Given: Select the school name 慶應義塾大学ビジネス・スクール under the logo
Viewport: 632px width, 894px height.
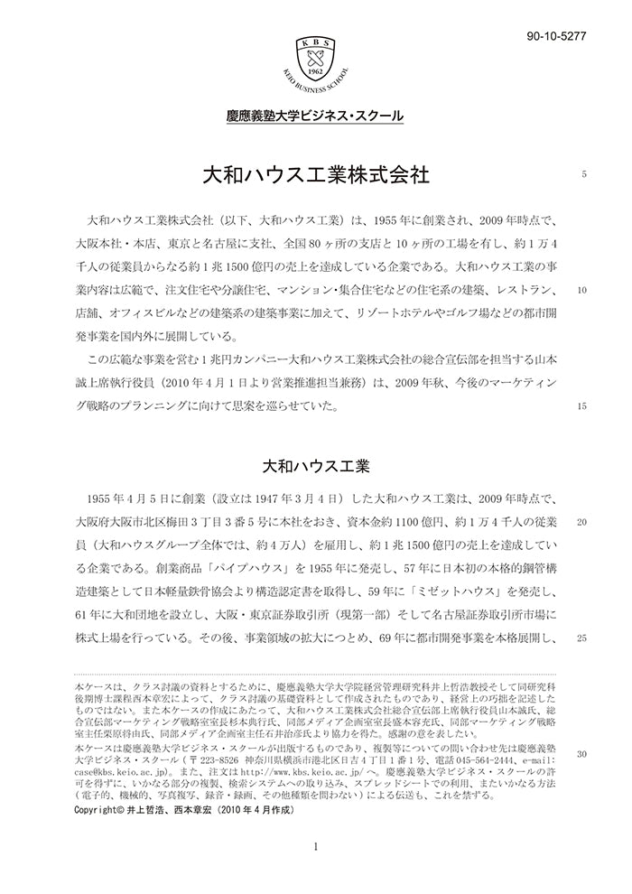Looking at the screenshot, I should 315,116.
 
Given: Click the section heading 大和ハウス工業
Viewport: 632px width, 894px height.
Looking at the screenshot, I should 315,467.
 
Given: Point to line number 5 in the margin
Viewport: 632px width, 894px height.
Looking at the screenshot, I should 584,174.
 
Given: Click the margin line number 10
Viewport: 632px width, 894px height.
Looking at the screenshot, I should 582,291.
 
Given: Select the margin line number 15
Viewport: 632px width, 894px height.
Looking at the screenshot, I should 582,405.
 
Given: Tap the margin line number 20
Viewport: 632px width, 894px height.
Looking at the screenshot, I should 582,522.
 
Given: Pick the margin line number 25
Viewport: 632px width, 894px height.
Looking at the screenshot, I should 582,638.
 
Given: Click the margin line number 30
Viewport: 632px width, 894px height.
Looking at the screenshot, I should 582,753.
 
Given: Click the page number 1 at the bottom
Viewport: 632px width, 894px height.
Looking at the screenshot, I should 315,846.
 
